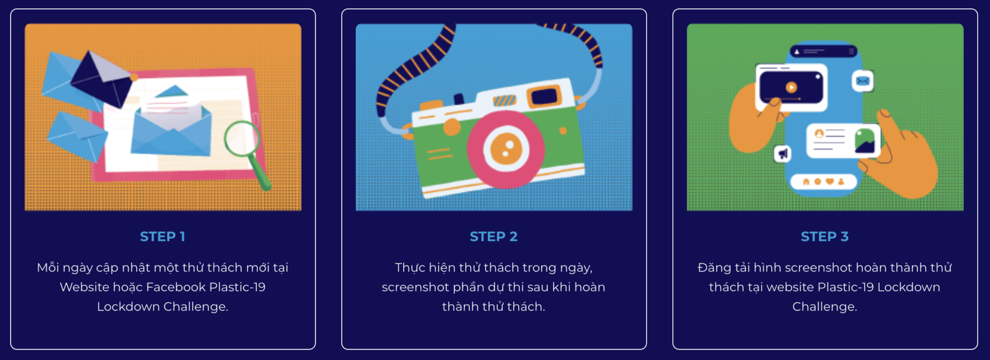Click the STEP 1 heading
[x=162, y=236]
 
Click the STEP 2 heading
[x=493, y=236]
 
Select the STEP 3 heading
[x=824, y=236]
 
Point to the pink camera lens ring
[x=505, y=149]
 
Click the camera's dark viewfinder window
[x=544, y=96]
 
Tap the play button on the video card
[x=791, y=87]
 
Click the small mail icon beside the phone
[x=863, y=81]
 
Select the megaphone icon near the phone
[x=783, y=154]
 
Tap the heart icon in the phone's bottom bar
[x=829, y=182]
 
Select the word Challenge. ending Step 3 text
[x=824, y=306]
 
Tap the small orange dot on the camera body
[x=563, y=131]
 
